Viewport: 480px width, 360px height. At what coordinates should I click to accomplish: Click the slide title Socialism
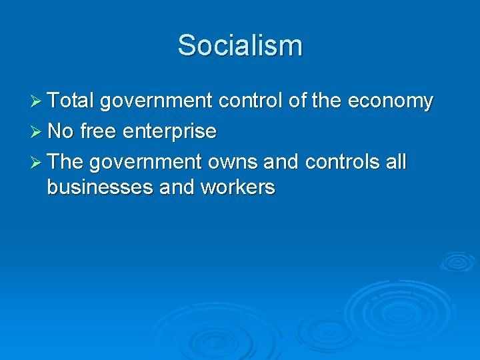[x=240, y=46]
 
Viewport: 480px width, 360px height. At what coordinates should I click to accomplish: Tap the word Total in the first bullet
[x=71, y=101]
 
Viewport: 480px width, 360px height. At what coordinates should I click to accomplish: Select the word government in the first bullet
[x=155, y=101]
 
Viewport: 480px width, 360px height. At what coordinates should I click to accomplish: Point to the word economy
[x=390, y=101]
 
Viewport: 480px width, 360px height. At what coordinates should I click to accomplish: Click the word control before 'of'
[x=251, y=101]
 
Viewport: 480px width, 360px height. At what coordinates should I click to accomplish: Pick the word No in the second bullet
[x=61, y=131]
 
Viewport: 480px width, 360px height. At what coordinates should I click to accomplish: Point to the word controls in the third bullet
[x=341, y=162]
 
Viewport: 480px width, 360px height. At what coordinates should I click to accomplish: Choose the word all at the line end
[x=396, y=162]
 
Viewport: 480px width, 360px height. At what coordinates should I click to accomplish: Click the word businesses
[x=100, y=187]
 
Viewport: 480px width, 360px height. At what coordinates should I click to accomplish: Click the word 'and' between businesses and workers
[x=175, y=187]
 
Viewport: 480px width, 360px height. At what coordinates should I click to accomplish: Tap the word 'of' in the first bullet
[x=297, y=101]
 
